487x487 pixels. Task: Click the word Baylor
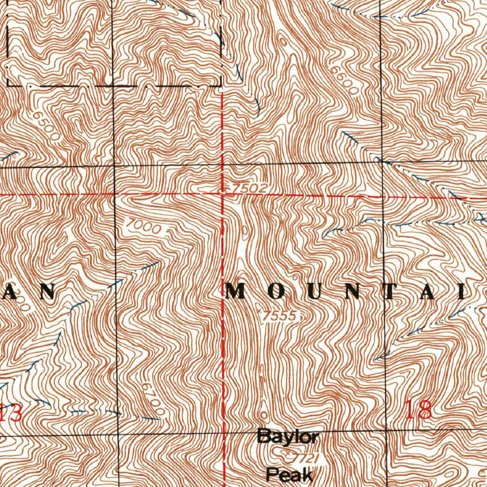point(288,436)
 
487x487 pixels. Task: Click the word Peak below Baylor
point(290,474)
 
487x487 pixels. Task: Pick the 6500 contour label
point(47,126)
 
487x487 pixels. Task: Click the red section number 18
point(419,409)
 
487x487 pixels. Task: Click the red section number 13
point(11,412)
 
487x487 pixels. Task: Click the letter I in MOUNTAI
point(462,291)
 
